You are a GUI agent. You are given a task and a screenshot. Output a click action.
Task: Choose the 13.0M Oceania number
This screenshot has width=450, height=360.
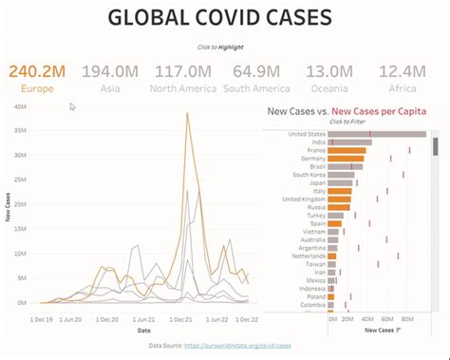[331, 70]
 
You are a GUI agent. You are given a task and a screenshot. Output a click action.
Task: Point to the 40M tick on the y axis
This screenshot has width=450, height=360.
[20, 106]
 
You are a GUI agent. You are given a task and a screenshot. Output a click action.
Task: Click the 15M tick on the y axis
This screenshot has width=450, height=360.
[20, 229]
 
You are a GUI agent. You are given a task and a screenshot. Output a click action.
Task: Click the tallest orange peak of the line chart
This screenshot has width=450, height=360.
[187, 115]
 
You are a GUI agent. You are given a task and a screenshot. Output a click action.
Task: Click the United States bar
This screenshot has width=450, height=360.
[376, 134]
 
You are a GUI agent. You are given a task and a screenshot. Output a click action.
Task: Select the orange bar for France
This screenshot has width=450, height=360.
[347, 150]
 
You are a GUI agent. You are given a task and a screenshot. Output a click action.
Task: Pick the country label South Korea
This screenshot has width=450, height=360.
[309, 175]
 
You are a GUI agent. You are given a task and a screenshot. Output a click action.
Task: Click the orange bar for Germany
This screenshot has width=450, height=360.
[346, 159]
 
